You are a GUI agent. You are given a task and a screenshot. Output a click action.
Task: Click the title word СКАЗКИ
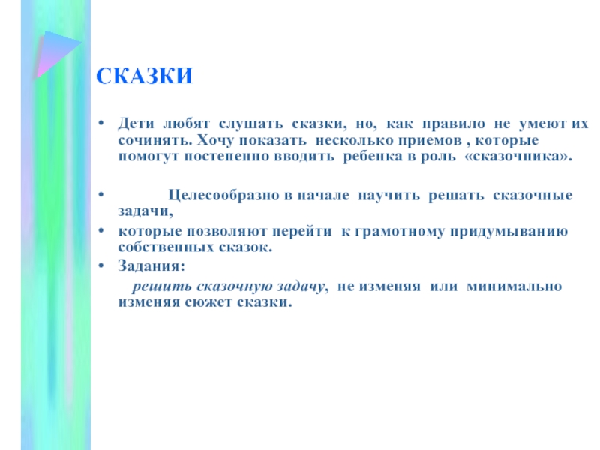(145, 76)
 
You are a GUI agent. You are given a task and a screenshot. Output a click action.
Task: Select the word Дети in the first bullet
(136, 124)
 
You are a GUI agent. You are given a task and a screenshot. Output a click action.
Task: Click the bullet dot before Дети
(101, 124)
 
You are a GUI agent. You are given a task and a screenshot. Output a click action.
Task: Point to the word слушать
(251, 124)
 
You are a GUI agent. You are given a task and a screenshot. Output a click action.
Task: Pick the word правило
(454, 124)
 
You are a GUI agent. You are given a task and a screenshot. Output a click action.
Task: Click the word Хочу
(214, 141)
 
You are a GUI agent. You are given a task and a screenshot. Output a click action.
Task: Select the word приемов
(430, 141)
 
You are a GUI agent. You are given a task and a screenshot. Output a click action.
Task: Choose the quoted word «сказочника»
(518, 157)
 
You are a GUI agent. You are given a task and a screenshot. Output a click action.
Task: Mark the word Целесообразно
(224, 196)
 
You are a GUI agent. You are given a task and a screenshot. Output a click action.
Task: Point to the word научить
(388, 196)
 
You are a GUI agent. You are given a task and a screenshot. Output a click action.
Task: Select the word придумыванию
(509, 232)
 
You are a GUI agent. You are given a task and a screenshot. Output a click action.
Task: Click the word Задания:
(151, 265)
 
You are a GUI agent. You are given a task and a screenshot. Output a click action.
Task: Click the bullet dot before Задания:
(101, 265)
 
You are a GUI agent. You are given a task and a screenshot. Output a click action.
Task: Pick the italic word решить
(162, 286)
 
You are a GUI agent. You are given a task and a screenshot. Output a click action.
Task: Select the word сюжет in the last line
(209, 302)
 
